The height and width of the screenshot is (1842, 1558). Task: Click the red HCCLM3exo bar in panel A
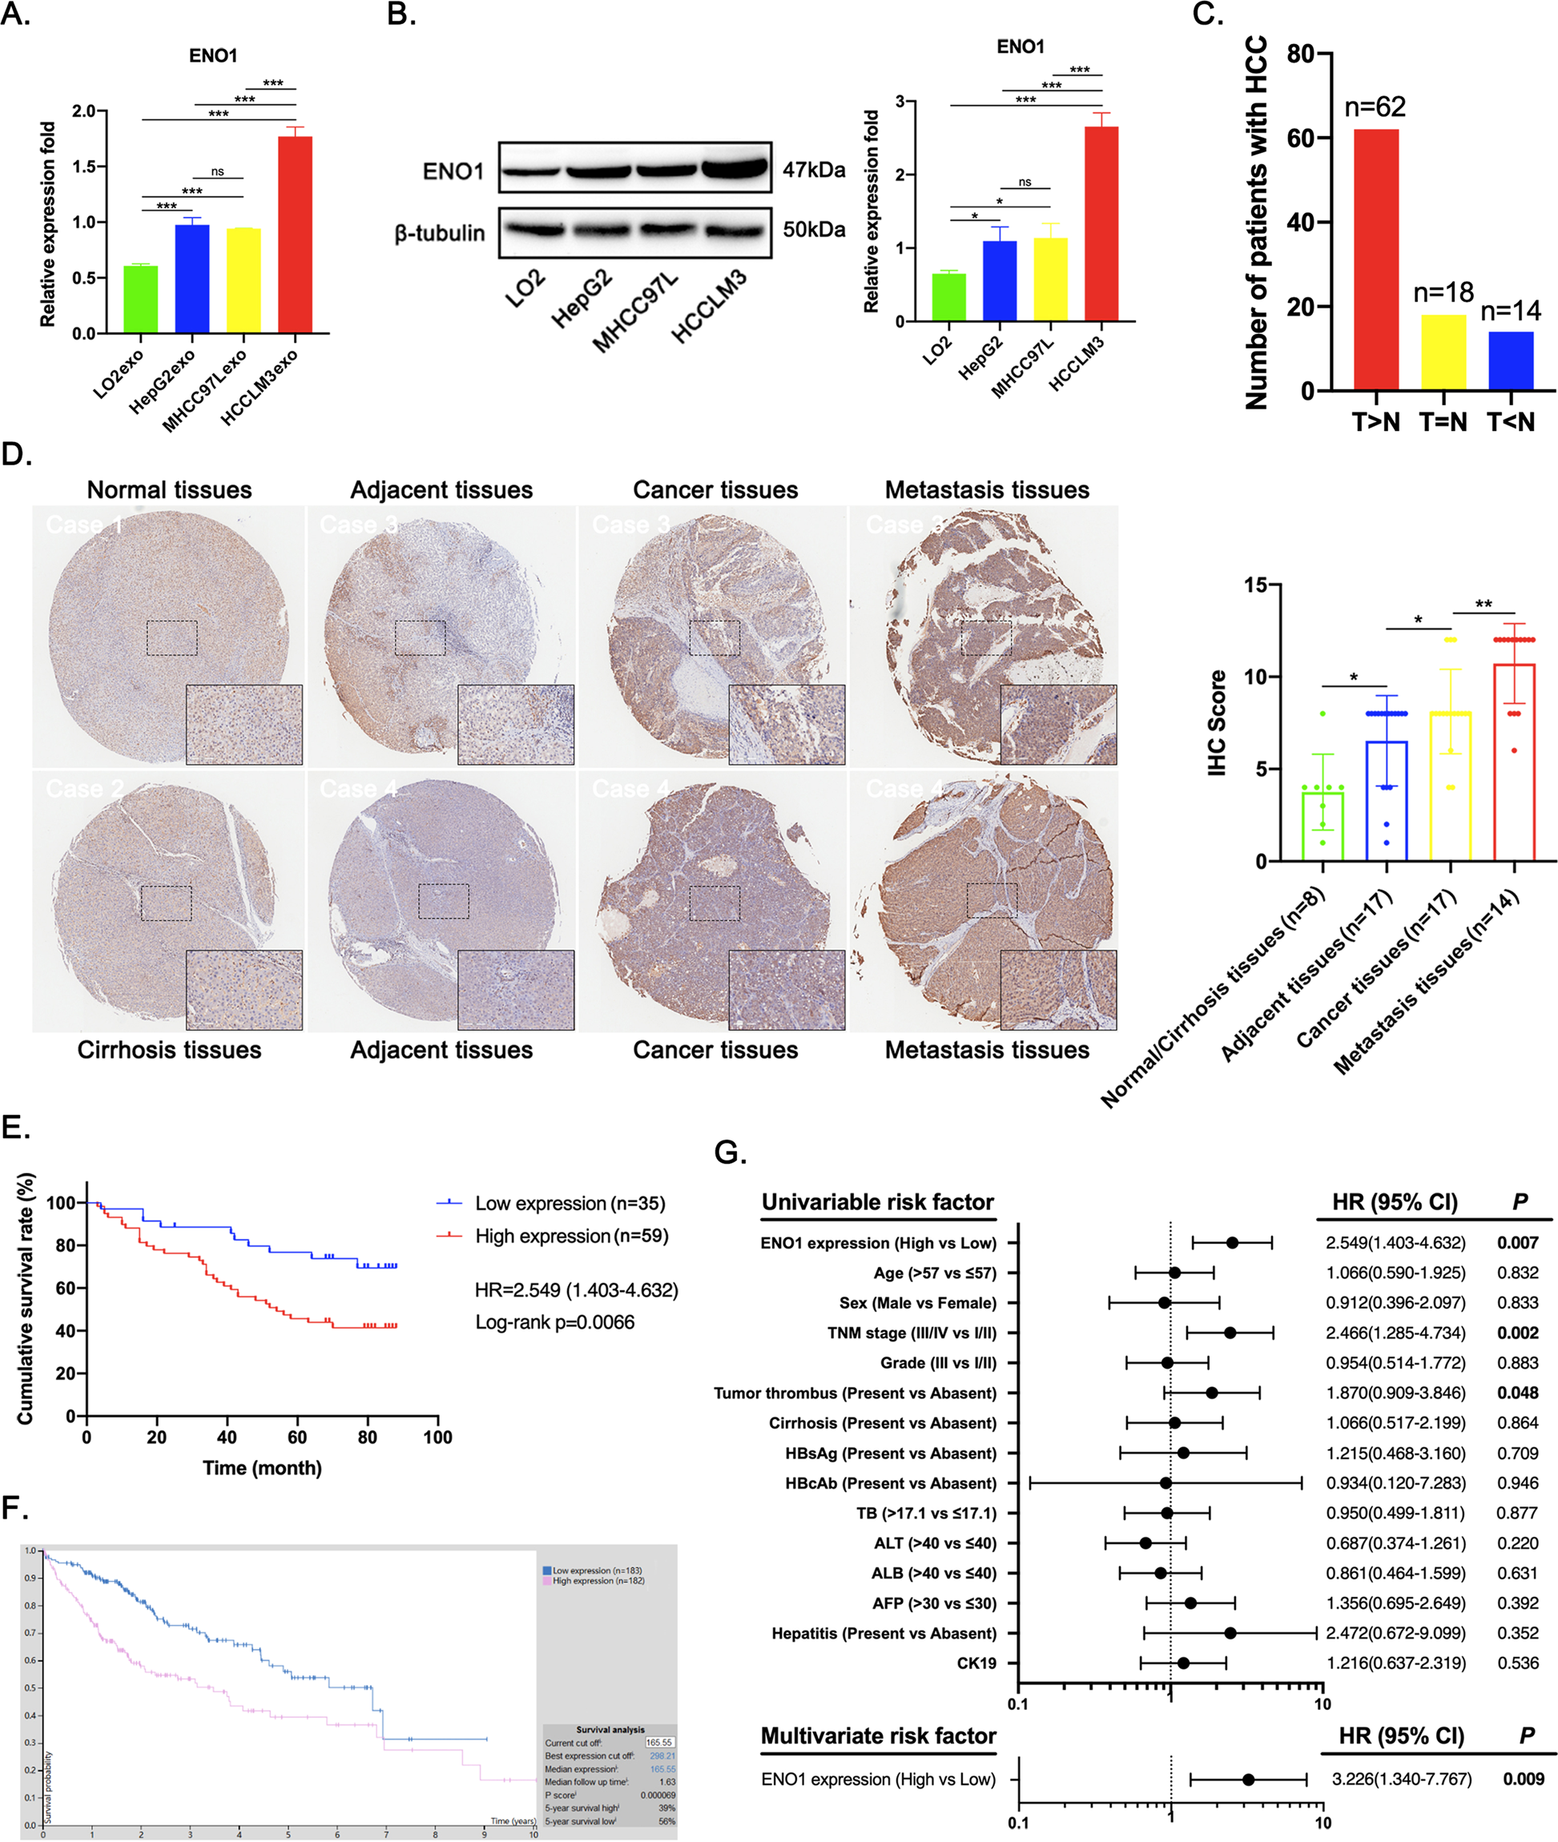(295, 235)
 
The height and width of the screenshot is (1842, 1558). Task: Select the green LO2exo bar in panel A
(140, 300)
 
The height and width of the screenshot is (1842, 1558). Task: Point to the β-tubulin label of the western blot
(440, 233)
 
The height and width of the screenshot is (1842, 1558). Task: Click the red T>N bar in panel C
(1375, 260)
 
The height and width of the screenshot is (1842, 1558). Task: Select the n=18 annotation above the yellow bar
(1443, 292)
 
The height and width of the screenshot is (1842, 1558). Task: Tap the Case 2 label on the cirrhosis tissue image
(85, 789)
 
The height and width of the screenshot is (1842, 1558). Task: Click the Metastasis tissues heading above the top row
(987, 490)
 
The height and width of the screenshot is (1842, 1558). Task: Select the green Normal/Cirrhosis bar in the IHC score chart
(1322, 826)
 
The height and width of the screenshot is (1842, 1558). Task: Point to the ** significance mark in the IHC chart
(1483, 605)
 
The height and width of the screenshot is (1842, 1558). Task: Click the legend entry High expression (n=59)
(570, 1236)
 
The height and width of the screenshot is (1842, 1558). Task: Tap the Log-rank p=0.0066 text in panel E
(554, 1322)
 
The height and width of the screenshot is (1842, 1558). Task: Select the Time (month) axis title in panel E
(262, 1468)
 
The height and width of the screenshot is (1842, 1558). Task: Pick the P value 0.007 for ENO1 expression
(1516, 1242)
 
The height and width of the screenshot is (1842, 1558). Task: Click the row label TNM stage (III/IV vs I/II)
(912, 1333)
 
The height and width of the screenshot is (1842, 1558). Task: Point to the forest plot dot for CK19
(1182, 1663)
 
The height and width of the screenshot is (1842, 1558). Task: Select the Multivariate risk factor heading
(878, 1736)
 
